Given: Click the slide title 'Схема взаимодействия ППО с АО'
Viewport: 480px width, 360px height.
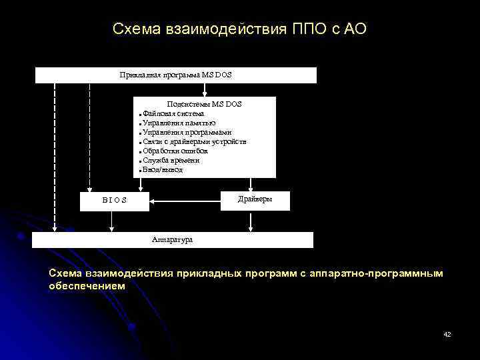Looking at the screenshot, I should coord(239,29).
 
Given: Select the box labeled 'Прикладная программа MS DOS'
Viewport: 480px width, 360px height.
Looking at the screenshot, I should coord(175,75).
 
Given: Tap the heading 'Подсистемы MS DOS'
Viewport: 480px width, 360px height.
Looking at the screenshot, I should coord(204,104).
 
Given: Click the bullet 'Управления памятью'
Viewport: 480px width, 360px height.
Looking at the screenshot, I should coord(179,123).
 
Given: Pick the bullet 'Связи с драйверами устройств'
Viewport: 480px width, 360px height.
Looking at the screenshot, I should coord(194,142).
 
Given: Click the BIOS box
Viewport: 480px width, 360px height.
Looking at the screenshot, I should coord(114,201).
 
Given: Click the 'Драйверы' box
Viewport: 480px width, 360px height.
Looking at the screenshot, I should coord(255,200).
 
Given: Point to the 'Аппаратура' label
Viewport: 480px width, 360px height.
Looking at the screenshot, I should coord(172,239).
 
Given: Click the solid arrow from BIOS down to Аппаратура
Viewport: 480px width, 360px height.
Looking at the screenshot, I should coord(111,221).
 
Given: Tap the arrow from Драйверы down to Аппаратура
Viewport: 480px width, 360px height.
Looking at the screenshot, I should coord(250,221).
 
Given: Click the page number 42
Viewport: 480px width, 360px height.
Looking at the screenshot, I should coord(447,334).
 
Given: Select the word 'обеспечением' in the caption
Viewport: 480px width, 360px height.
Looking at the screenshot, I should coord(87,285).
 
